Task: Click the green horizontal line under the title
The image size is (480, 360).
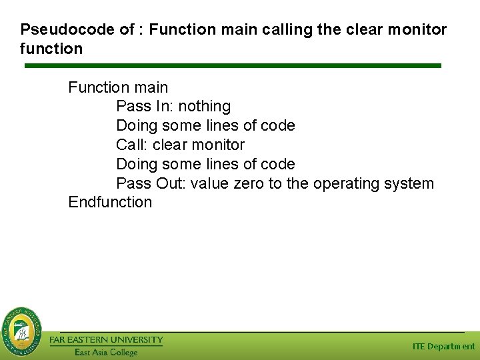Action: point(233,65)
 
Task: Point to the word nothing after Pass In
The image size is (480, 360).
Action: point(204,107)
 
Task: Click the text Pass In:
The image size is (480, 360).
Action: point(145,107)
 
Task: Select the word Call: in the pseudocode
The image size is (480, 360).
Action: point(132,145)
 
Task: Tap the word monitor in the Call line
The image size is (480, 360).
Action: point(217,145)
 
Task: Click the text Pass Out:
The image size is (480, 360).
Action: point(151,183)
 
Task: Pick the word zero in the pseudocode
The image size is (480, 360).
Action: point(249,183)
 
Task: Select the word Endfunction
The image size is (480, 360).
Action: point(110,203)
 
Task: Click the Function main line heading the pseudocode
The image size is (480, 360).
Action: point(118,87)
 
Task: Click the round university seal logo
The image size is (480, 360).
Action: point(21,331)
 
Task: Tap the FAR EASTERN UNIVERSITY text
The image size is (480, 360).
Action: point(106,340)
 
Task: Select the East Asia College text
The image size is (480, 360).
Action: point(105,352)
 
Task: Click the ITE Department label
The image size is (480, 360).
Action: point(443,347)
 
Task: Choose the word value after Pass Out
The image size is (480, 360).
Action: point(209,183)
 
